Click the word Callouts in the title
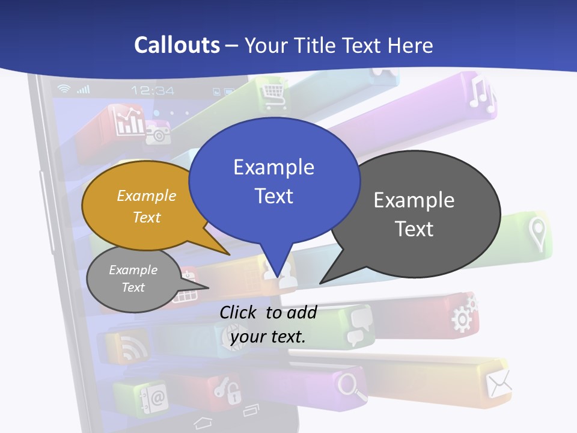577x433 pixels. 177,45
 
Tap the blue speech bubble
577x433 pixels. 274,180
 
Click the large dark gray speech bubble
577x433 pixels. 414,214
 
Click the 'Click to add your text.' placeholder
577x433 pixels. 268,324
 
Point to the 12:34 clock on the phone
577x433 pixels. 153,90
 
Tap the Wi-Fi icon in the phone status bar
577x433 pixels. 64,89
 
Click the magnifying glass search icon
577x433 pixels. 352,385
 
